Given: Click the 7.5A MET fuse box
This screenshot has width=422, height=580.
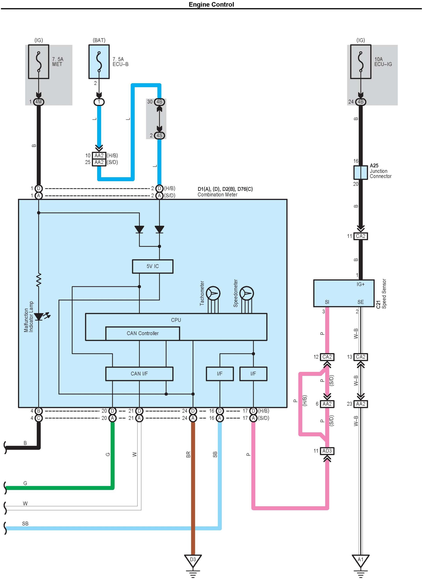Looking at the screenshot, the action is [39, 62].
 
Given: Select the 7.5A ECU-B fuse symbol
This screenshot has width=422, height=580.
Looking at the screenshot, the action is [99, 62].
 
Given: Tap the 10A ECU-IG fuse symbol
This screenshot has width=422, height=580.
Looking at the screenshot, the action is [361, 62].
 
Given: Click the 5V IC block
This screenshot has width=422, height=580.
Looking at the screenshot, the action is [153, 266].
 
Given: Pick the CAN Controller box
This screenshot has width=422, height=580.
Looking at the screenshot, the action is [143, 333].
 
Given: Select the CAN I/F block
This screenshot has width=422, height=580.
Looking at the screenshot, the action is [139, 374].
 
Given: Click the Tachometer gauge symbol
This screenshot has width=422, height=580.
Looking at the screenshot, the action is [213, 293].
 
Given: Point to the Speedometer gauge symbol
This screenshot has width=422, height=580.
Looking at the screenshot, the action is [247, 293].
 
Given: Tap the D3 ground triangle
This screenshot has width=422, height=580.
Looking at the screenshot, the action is [193, 560].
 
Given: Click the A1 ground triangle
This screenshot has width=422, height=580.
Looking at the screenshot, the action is [361, 560].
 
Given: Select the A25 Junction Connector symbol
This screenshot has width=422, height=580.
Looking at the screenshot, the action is [361, 172].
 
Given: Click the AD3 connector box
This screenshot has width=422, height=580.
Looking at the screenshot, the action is [327, 451].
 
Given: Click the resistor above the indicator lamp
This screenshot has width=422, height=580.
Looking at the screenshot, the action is [39, 280].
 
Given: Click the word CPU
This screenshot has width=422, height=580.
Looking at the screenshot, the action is [176, 320].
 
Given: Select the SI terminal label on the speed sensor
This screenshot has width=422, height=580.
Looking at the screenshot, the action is [327, 302].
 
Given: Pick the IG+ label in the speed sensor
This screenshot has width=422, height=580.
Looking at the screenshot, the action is [361, 284].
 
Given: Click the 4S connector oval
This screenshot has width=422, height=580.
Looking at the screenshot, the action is [159, 135].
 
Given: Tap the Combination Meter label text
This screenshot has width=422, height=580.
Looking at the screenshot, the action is [217, 195].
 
